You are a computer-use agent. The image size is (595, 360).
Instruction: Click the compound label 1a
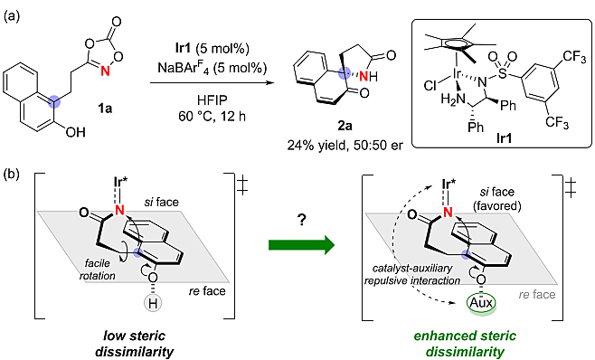pyautogui.click(x=105, y=109)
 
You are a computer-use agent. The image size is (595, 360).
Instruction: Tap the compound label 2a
pyautogui.click(x=345, y=126)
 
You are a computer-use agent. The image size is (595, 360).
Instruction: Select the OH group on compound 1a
pyautogui.click(x=76, y=132)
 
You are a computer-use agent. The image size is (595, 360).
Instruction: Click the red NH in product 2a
pyautogui.click(x=368, y=76)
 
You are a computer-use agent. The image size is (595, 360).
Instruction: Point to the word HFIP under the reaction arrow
pyautogui.click(x=212, y=100)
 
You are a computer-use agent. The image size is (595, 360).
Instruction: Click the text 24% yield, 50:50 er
pyautogui.click(x=345, y=146)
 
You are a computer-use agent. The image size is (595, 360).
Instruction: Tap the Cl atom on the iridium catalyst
pyautogui.click(x=430, y=87)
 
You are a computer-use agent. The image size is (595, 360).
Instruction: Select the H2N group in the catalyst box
pyautogui.click(x=453, y=99)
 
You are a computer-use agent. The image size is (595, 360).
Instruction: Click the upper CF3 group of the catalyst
pyautogui.click(x=574, y=57)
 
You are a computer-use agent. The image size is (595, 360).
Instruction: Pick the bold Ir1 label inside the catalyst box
pyautogui.click(x=504, y=138)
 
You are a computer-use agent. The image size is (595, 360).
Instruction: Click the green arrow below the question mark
pyautogui.click(x=302, y=245)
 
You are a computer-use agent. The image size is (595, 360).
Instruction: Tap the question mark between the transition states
pyautogui.click(x=302, y=221)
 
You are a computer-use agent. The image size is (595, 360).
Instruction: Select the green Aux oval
pyautogui.click(x=481, y=303)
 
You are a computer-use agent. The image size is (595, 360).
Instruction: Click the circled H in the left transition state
pyautogui.click(x=153, y=303)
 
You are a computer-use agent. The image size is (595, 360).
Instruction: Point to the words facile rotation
pyautogui.click(x=97, y=270)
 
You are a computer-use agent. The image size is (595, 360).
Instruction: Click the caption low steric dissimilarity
pyautogui.click(x=135, y=344)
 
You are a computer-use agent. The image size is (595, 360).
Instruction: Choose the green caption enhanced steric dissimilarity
pyautogui.click(x=465, y=344)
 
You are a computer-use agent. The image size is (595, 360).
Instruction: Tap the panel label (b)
pyautogui.click(x=12, y=175)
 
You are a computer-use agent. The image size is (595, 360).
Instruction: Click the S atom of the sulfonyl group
pyautogui.click(x=503, y=73)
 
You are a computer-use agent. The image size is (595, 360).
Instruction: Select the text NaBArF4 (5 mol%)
pyautogui.click(x=212, y=69)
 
